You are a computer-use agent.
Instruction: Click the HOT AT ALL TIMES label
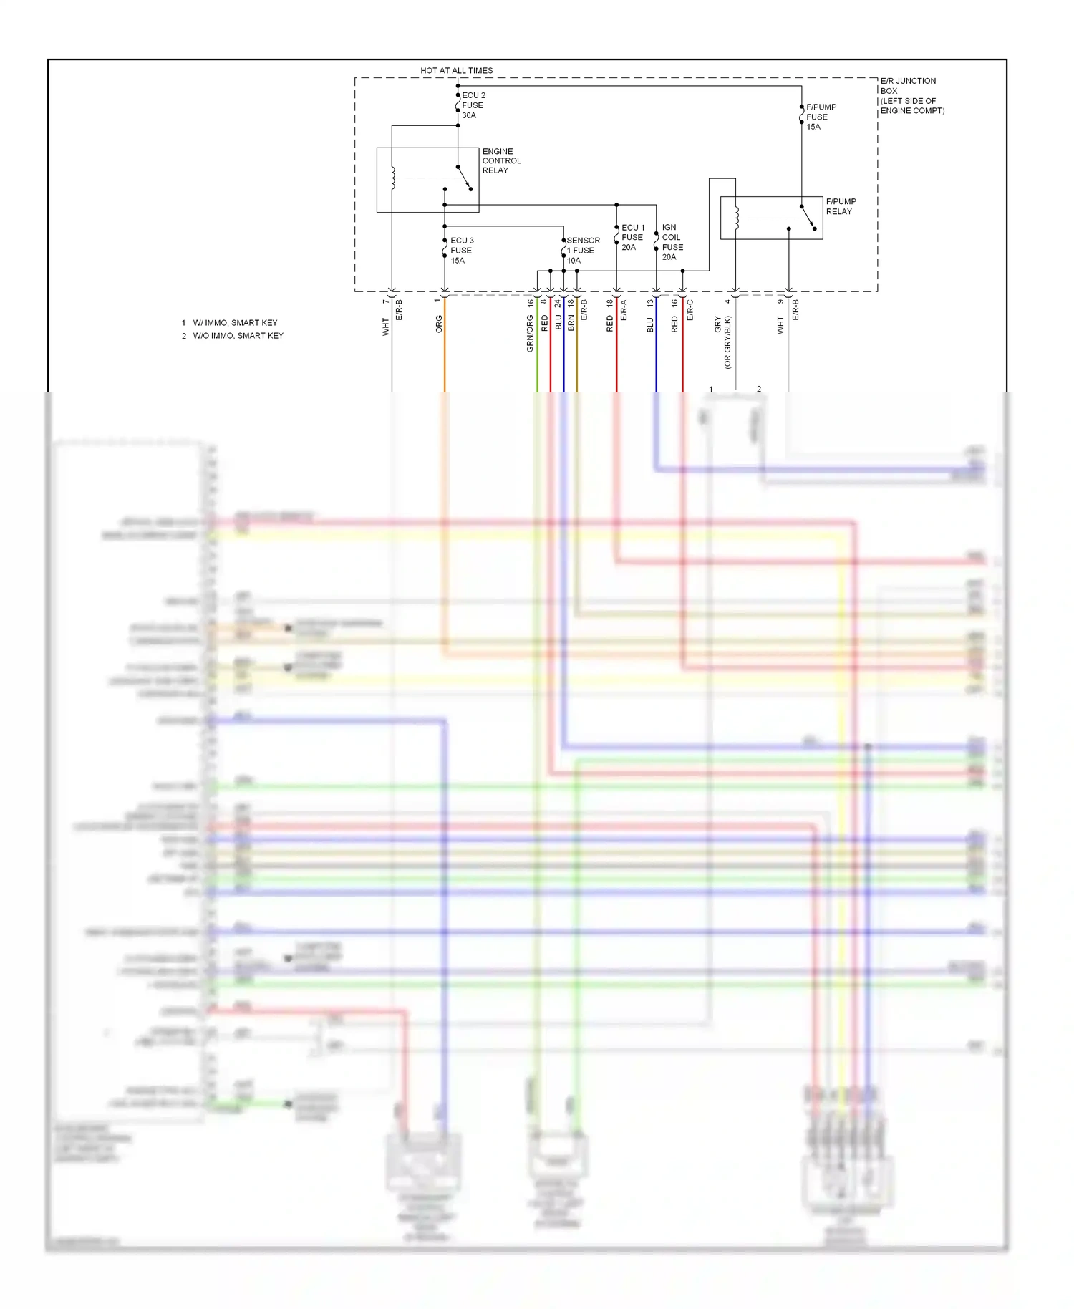click(x=456, y=70)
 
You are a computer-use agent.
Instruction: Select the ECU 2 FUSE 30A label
click(x=473, y=105)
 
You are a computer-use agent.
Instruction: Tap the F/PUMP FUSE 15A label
click(x=821, y=117)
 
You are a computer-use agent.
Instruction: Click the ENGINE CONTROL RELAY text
click(x=501, y=160)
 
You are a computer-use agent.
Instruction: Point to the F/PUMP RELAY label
click(x=841, y=206)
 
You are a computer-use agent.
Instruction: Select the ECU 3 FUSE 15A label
click(x=462, y=250)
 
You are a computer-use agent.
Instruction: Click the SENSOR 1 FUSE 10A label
click(x=583, y=250)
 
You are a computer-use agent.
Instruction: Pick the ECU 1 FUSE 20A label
click(x=632, y=237)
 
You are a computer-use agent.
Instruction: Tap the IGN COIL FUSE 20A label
click(x=672, y=242)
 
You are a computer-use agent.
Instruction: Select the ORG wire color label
click(x=440, y=324)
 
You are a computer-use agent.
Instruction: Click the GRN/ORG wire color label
click(x=531, y=333)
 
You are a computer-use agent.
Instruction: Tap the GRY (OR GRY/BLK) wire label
click(x=722, y=342)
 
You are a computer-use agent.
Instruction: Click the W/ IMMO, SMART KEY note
click(x=235, y=323)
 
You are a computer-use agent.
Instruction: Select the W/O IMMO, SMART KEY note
click(x=238, y=336)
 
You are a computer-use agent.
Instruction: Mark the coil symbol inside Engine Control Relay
click(x=392, y=178)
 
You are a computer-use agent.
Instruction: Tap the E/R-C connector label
click(x=690, y=309)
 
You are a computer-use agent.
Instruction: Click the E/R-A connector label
click(x=624, y=309)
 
